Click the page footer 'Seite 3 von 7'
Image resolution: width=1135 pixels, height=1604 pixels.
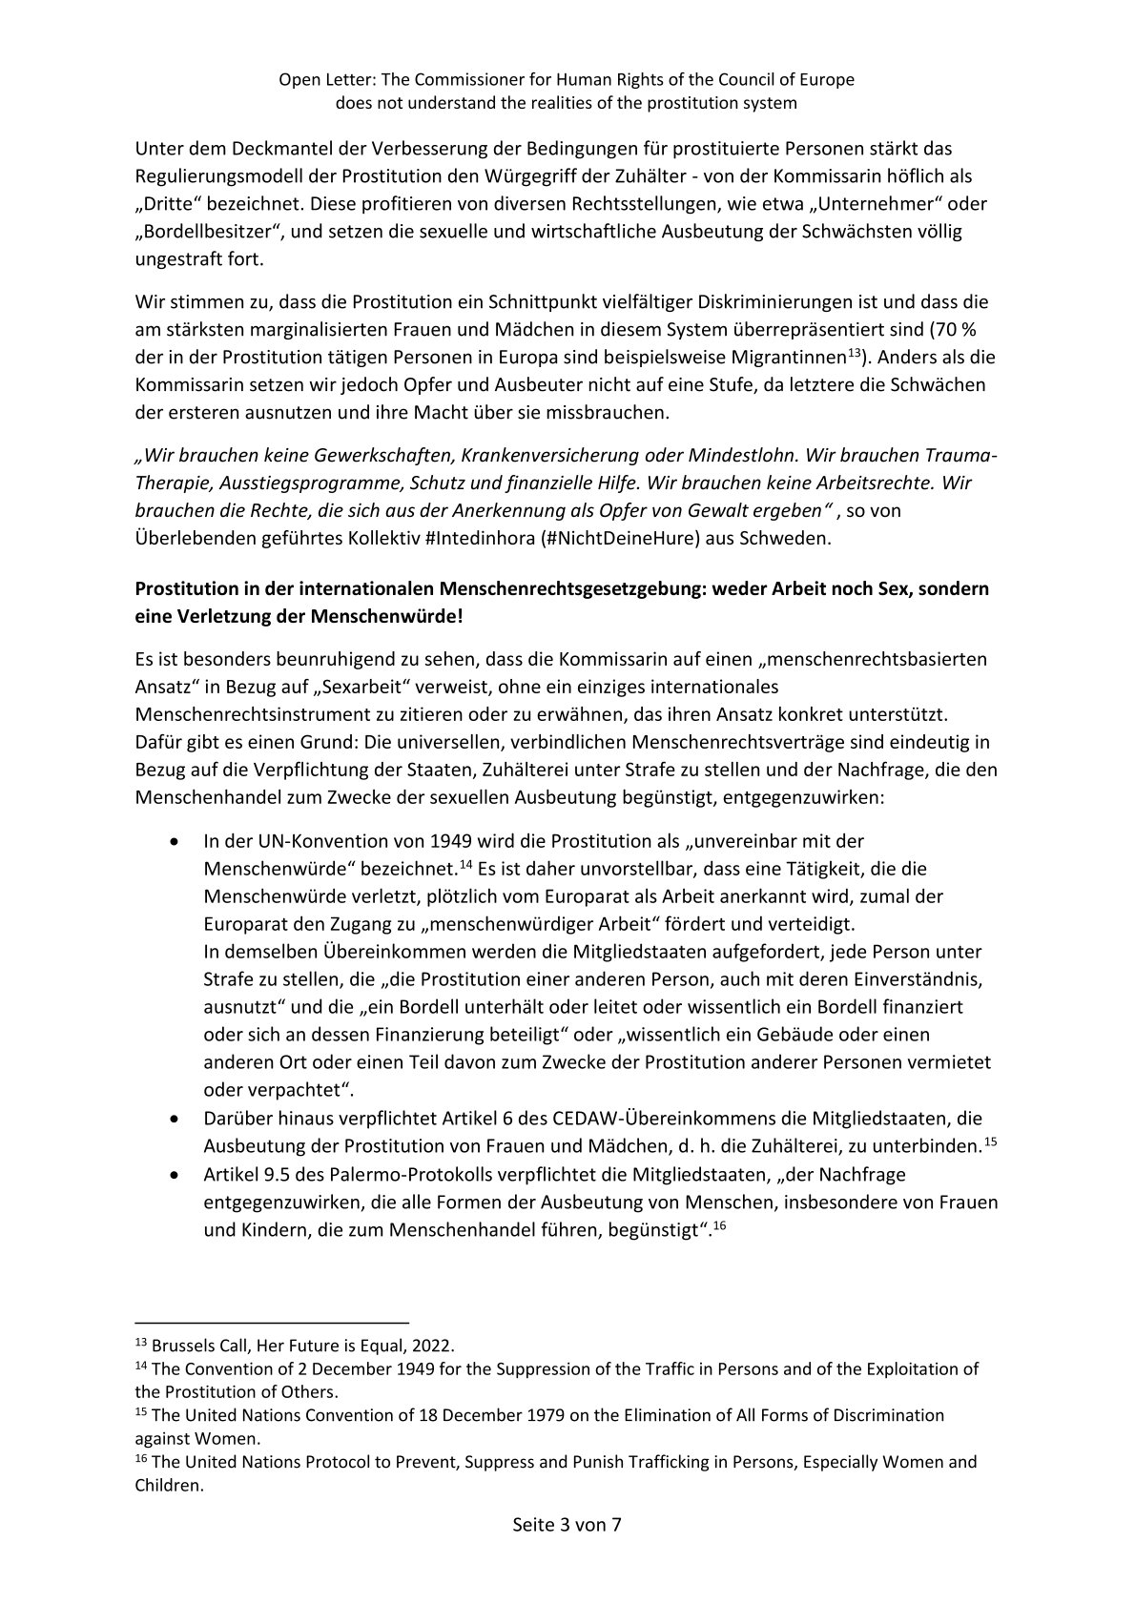point(567,1552)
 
